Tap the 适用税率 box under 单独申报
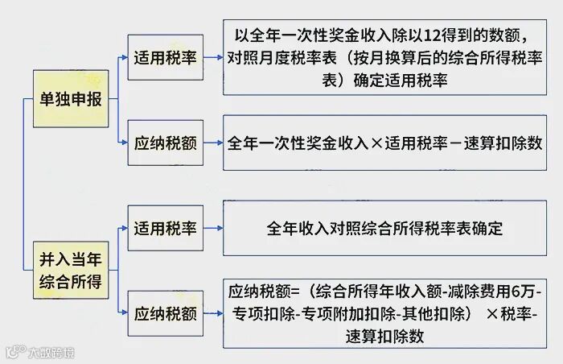(x=165, y=57)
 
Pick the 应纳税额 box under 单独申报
(x=165, y=144)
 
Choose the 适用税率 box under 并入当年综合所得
(x=165, y=228)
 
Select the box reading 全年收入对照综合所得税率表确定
(x=384, y=228)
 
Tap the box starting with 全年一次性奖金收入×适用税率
(x=384, y=144)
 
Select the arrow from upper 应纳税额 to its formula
(x=212, y=144)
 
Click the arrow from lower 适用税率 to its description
(x=212, y=228)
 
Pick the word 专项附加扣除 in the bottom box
(x=355, y=314)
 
